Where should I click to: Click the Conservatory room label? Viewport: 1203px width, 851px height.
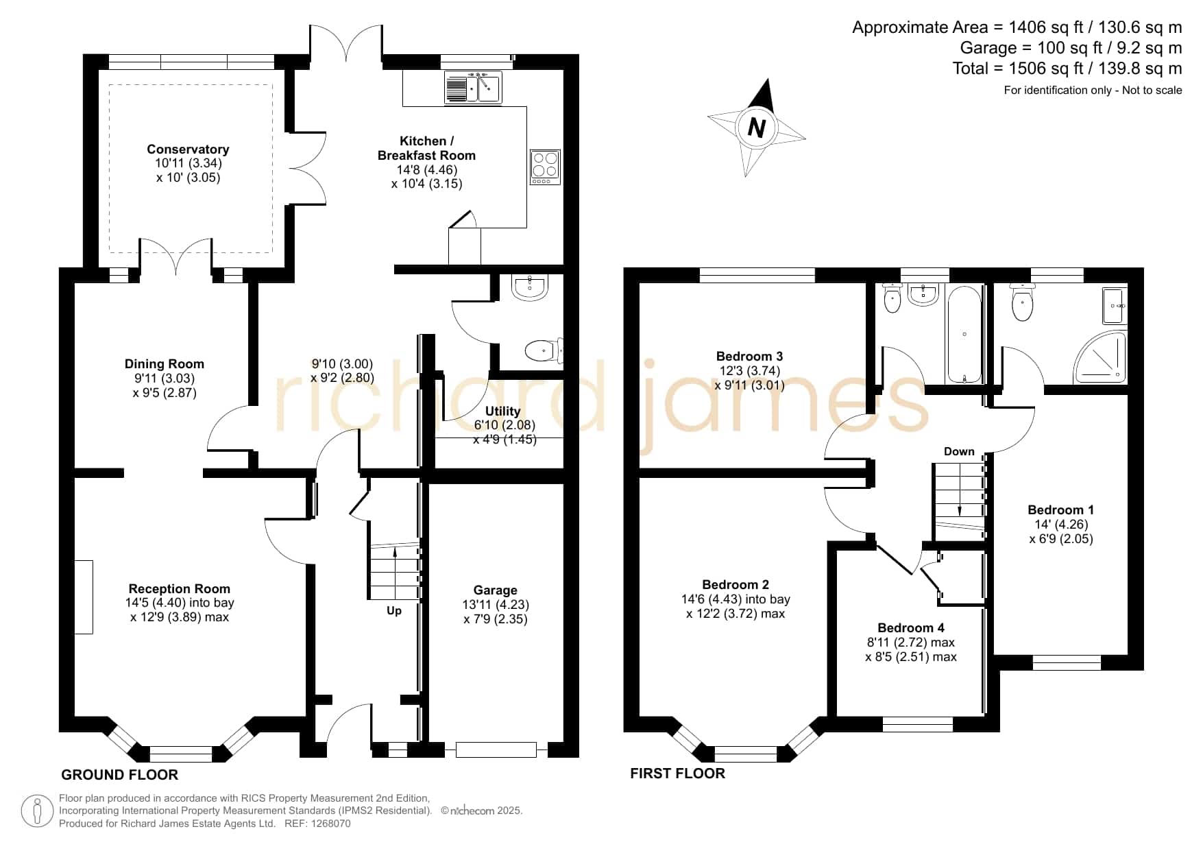(x=188, y=149)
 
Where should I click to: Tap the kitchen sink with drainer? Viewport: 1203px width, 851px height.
(x=473, y=87)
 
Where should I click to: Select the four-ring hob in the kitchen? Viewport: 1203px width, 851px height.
(x=545, y=167)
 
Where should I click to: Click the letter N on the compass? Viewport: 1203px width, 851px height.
(x=756, y=128)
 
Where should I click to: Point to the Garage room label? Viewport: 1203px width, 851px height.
(x=495, y=590)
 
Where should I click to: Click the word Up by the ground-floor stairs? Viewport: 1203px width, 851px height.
(x=394, y=610)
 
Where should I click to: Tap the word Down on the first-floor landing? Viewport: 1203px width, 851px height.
(x=959, y=451)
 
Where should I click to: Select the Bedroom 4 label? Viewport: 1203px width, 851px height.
(x=911, y=628)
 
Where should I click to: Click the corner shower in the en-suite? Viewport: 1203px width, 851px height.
(x=1099, y=357)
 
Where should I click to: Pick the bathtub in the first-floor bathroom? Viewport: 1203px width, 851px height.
(x=964, y=334)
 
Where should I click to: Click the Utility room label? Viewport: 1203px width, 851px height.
(x=502, y=411)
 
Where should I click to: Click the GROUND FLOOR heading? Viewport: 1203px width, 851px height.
(x=120, y=775)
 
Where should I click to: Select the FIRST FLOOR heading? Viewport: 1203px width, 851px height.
(x=677, y=774)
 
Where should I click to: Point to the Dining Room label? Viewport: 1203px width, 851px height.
(x=165, y=364)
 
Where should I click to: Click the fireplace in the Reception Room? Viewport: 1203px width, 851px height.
(x=84, y=597)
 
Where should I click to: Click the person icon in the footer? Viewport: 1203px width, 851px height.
(x=37, y=811)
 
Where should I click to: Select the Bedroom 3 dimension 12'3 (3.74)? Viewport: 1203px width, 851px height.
(x=749, y=371)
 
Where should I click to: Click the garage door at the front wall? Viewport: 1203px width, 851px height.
(x=496, y=750)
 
